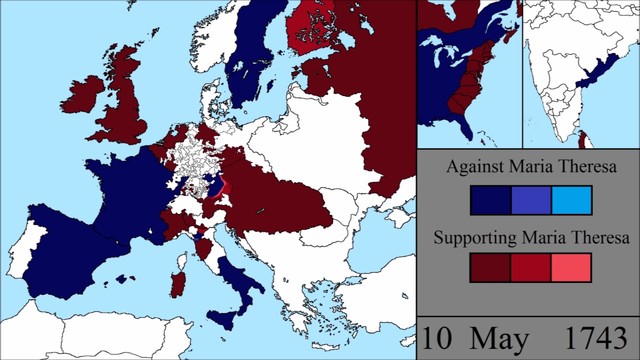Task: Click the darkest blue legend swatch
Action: tap(490, 201)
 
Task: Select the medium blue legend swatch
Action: tap(530, 201)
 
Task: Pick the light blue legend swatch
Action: tap(570, 201)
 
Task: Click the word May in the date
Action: tap(511, 338)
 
